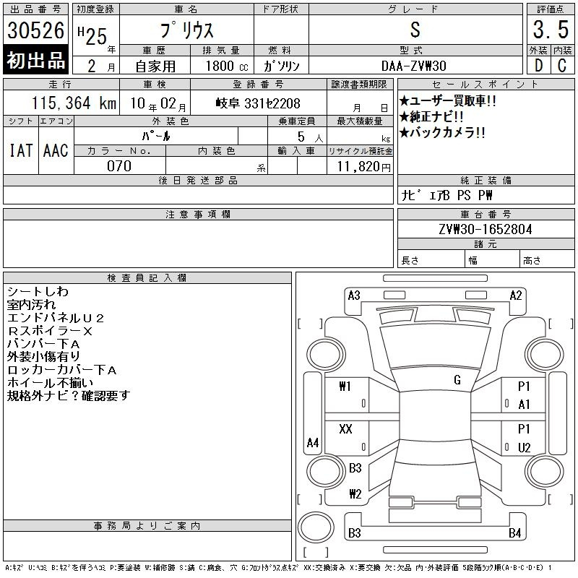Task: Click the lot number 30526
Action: point(35,30)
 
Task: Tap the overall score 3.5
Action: point(551,30)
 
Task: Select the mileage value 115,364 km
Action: point(74,103)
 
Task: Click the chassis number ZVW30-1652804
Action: point(486,229)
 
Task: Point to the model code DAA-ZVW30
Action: point(414,66)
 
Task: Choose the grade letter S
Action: point(415,30)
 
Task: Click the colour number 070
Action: point(119,166)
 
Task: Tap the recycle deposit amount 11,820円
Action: point(364,166)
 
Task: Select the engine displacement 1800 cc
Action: point(227,66)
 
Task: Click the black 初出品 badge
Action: point(35,60)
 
